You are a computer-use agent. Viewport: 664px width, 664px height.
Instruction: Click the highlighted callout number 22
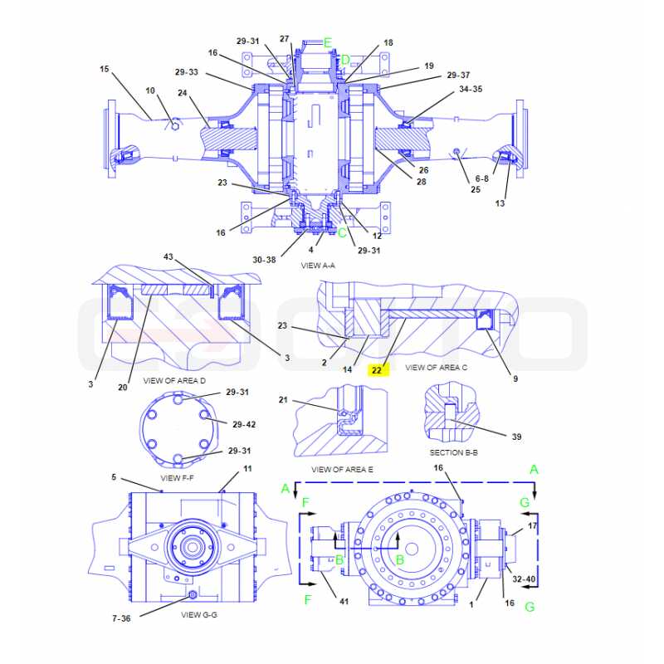coord(377,370)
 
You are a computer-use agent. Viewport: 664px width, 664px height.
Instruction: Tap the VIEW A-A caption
coord(318,266)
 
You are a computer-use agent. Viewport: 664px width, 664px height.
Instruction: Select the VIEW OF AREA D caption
coord(174,381)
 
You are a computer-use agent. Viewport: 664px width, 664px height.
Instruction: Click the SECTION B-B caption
coord(453,452)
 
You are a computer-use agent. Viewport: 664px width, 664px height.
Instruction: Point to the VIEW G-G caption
coord(199,614)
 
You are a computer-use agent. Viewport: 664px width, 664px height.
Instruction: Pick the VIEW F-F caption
coord(177,478)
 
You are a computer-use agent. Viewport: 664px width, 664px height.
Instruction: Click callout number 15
coord(105,69)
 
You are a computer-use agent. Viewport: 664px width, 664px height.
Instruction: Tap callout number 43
coord(168,256)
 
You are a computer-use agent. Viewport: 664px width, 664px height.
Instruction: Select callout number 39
coord(516,437)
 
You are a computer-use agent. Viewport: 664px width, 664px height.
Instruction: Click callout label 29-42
coord(244,424)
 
